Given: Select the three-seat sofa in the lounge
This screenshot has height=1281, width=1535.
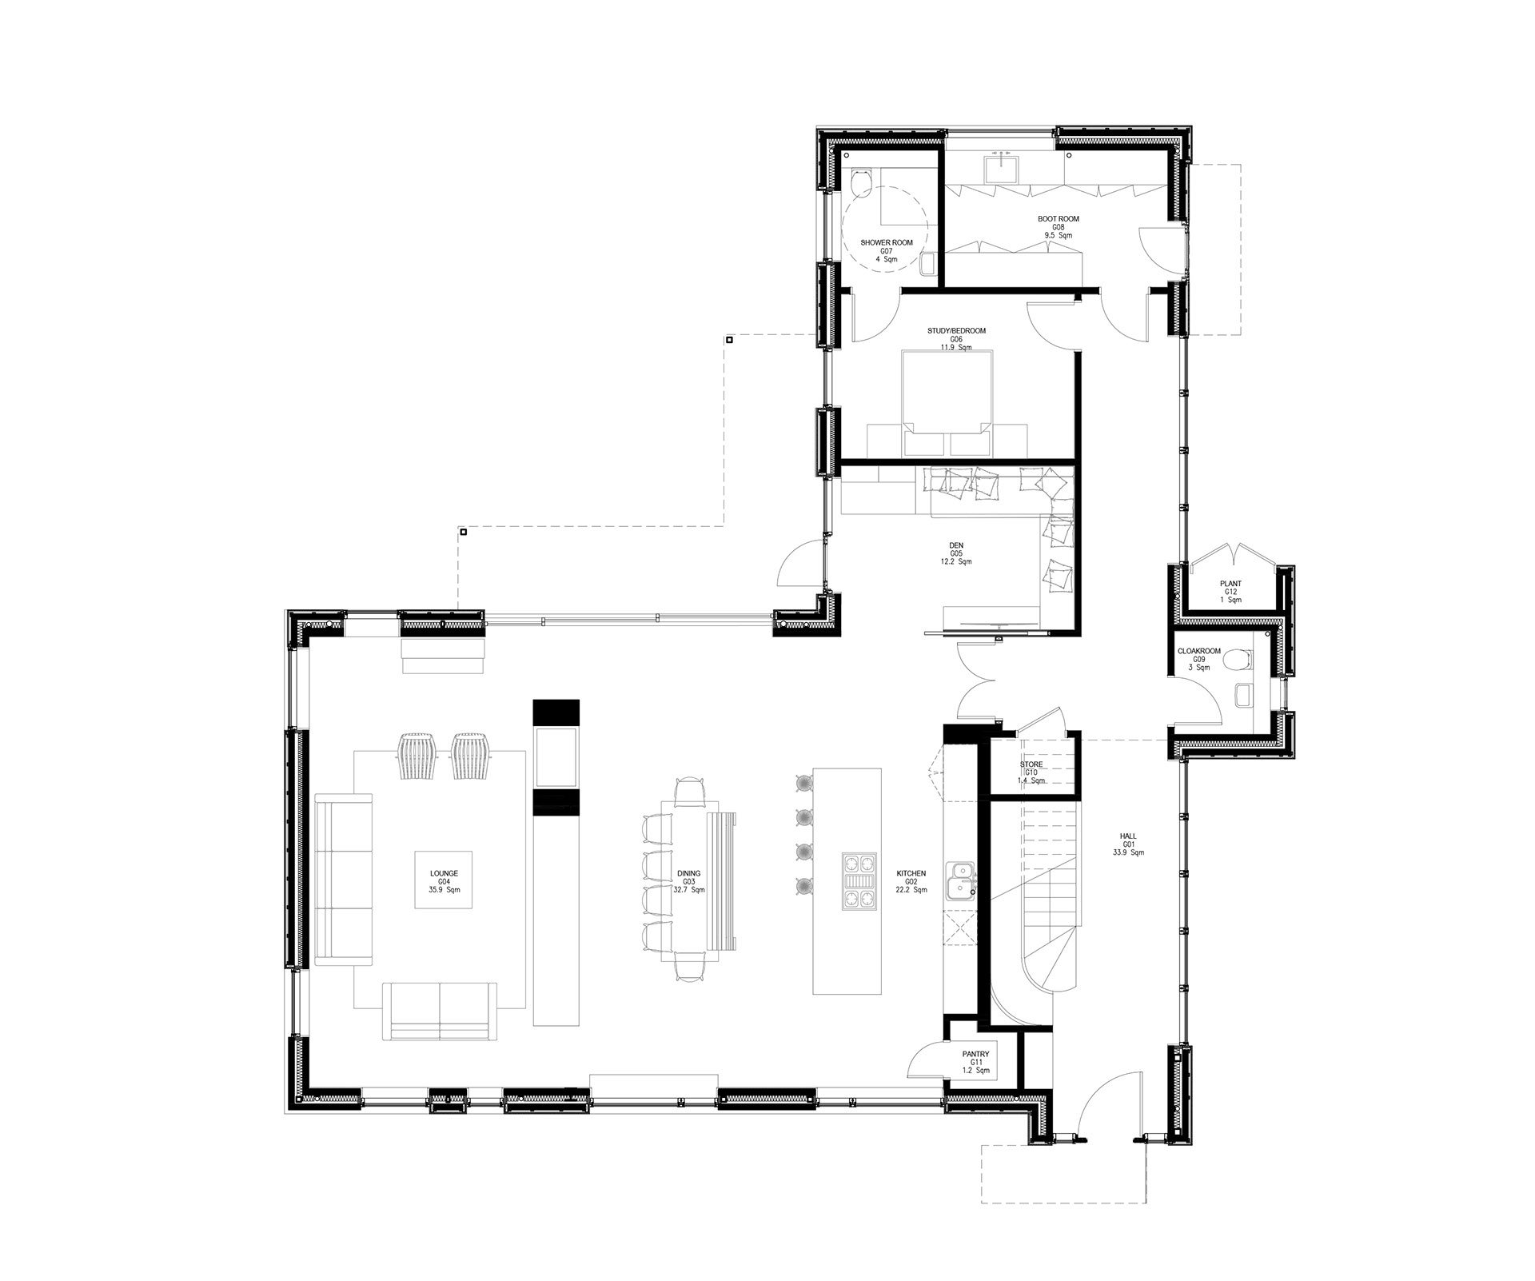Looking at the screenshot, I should coord(344,879).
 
